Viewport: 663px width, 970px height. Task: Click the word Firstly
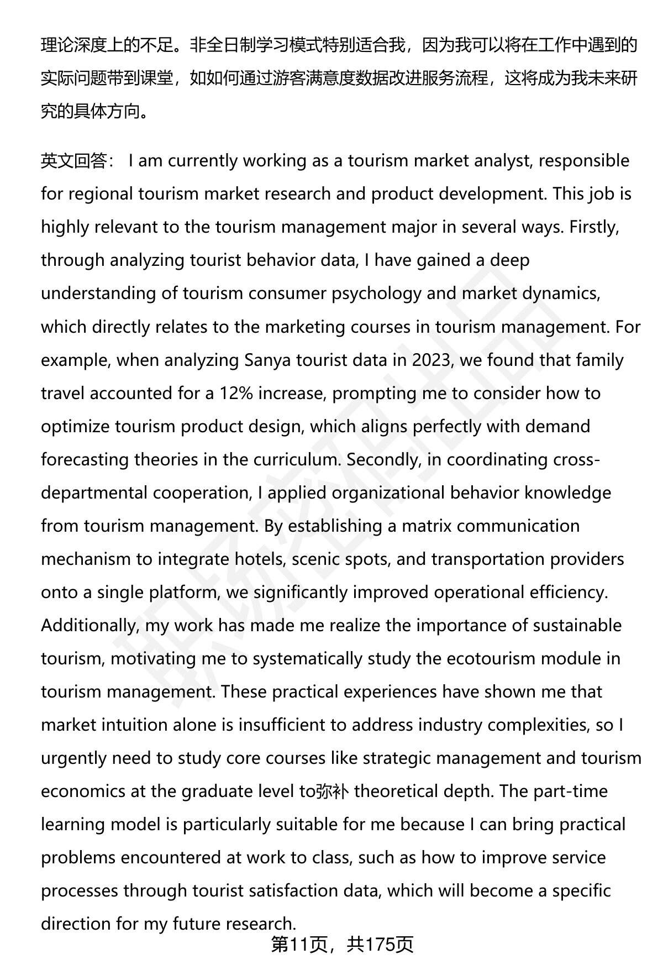(593, 227)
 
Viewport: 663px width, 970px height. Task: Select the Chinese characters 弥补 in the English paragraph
(331, 791)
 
